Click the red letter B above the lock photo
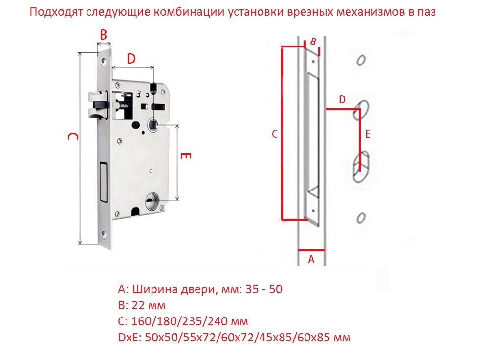pos(104,35)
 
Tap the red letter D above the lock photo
pos(131,58)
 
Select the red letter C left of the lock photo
pos(73,136)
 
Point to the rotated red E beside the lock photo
pos(186,156)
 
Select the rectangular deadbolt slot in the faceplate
pos(103,183)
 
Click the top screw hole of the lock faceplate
pos(103,63)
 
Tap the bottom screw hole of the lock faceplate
pos(104,234)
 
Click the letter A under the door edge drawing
pos(311,259)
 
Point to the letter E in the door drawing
pos(368,134)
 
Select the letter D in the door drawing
pos(342,99)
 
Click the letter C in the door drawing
pos(275,134)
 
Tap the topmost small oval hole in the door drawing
pos(361,60)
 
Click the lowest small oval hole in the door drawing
pos(361,218)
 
